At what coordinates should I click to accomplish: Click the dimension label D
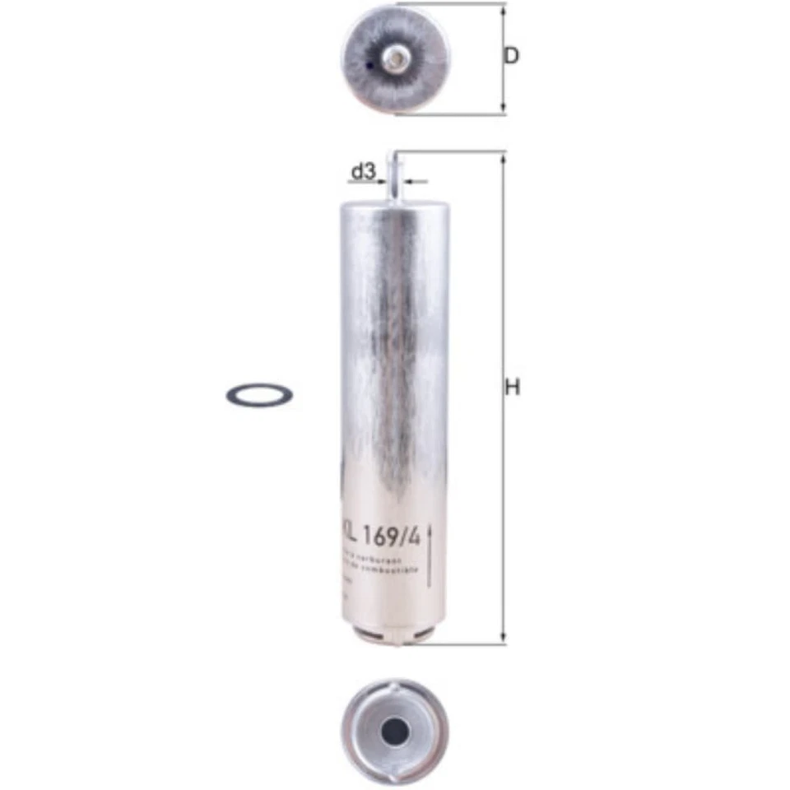pyautogui.click(x=512, y=57)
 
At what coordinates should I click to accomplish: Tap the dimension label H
pyautogui.click(x=513, y=388)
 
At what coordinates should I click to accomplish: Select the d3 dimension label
pyautogui.click(x=363, y=172)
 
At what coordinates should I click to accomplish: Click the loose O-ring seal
pyautogui.click(x=259, y=395)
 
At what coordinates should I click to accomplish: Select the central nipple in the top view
pyautogui.click(x=396, y=58)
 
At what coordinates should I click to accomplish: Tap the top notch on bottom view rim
pyautogui.click(x=396, y=683)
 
